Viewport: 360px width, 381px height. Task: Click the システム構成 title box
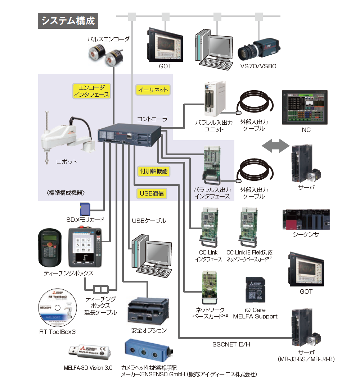point(68,20)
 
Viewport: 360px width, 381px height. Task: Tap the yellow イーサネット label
point(153,90)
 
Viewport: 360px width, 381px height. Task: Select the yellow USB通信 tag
point(152,193)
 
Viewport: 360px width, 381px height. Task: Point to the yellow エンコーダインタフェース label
point(91,91)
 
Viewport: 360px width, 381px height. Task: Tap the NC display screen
point(305,107)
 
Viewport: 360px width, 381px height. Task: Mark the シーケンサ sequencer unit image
point(306,220)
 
